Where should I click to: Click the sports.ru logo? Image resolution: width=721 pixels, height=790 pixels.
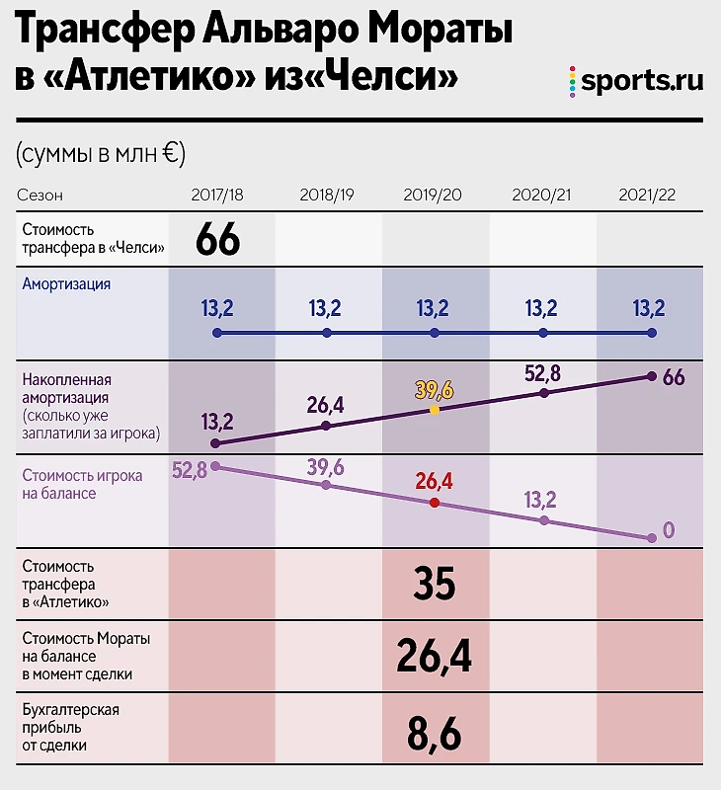point(637,82)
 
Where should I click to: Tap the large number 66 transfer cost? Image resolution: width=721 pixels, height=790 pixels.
point(218,239)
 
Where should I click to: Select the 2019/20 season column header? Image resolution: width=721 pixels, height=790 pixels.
point(433,194)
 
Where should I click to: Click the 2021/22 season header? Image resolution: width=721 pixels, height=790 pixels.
point(648,194)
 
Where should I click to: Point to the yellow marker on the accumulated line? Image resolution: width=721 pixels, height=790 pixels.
point(435,410)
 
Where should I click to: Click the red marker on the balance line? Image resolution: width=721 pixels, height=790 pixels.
point(435,502)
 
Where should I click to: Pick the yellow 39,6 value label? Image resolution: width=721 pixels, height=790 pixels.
point(435,389)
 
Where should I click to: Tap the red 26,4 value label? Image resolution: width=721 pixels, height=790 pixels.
point(435,480)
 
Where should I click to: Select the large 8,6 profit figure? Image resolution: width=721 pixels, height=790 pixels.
point(435,734)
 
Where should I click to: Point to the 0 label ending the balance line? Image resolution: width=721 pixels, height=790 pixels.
point(669,530)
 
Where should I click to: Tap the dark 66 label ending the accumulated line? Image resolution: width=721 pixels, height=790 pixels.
point(674,377)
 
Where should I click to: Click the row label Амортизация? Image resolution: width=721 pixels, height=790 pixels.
point(66,283)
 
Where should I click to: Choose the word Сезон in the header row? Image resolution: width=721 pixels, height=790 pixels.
point(40,195)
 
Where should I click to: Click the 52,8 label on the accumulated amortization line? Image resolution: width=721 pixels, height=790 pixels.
point(542,372)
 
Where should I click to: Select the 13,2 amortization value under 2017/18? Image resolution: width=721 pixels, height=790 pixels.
point(217,309)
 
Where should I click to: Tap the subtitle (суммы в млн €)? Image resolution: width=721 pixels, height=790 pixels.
point(101,153)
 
